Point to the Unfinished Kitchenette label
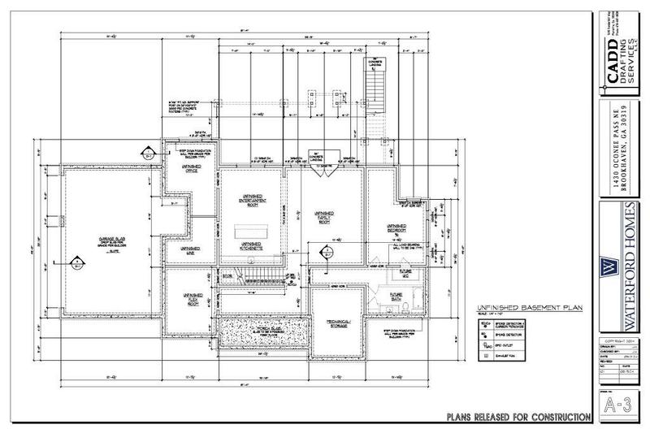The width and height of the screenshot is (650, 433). coord(250,245)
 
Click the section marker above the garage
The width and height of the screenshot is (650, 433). coord(149,150)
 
